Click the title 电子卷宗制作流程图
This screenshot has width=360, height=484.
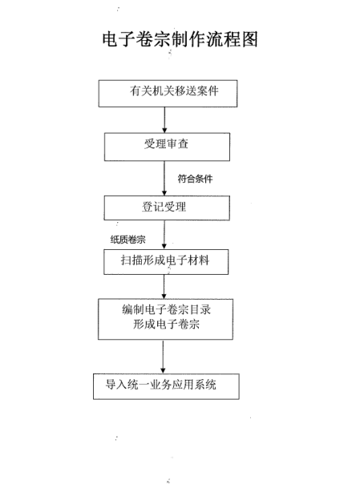pos(180,39)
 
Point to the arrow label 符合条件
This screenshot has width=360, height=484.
pos(195,179)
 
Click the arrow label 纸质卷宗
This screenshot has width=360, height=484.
pos(127,240)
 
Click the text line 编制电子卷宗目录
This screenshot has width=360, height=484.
pos(167,309)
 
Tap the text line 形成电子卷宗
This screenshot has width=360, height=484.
pos(167,324)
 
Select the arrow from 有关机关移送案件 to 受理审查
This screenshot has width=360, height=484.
pos(164,120)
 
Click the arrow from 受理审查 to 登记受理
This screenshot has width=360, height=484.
pos(164,178)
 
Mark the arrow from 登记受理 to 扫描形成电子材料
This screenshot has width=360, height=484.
pos(164,235)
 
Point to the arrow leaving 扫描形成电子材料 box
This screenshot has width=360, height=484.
pos(164,287)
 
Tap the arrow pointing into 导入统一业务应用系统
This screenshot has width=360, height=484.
pos(163,357)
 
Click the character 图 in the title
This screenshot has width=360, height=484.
pos(250,39)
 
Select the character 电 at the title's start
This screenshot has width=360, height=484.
pos(111,39)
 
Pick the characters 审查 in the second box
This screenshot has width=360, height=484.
pos(177,144)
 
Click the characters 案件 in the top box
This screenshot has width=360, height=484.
pos(208,91)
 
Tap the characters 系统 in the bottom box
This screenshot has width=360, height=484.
pos(205,385)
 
